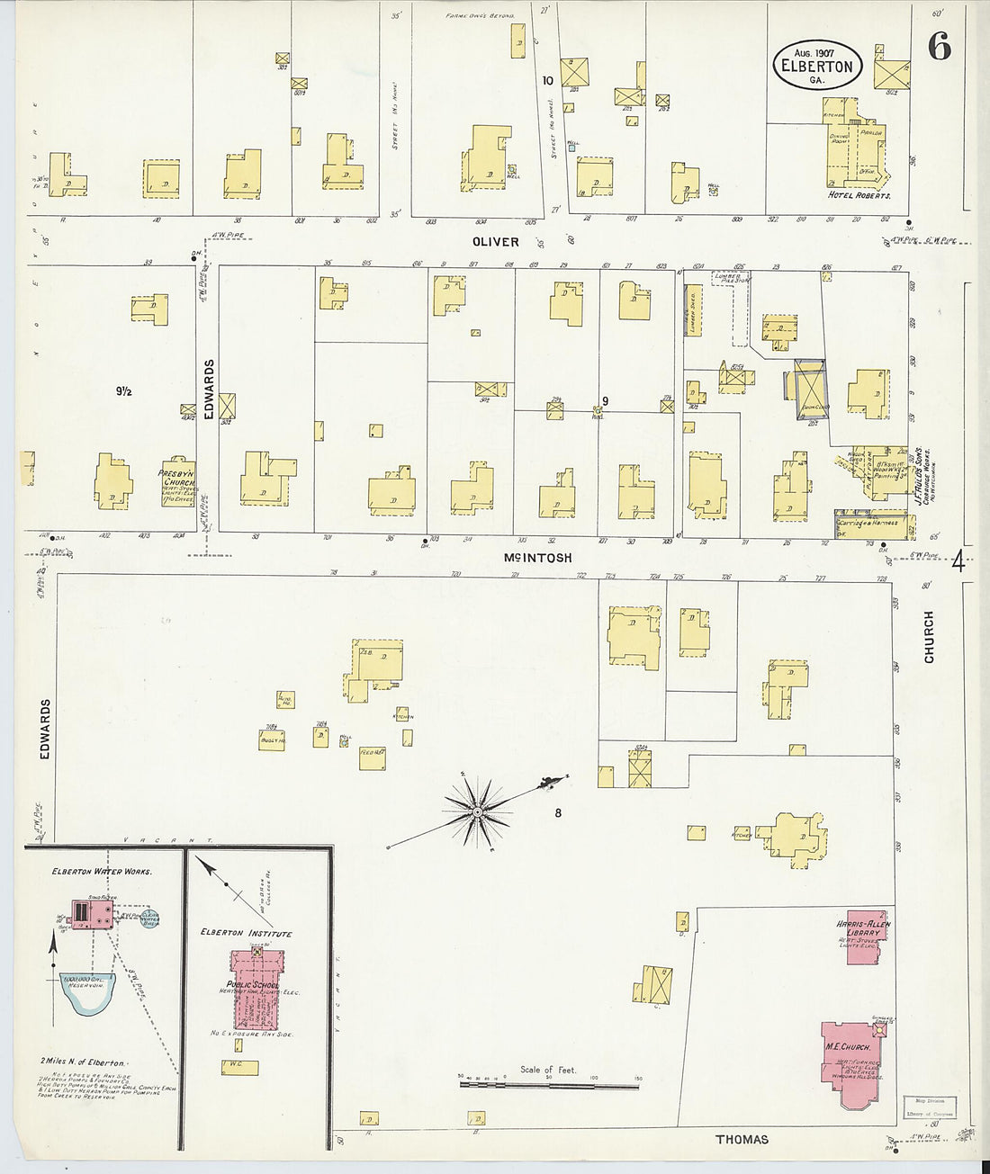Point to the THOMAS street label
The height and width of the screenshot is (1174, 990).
(x=742, y=1139)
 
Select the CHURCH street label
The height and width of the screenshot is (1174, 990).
(x=929, y=637)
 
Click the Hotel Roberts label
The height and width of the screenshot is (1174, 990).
(x=859, y=194)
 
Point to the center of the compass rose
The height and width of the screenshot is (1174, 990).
(x=476, y=813)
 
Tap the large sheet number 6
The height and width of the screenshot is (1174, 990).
(x=938, y=48)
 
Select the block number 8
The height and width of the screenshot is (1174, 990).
(x=558, y=813)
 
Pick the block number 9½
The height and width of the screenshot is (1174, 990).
(x=123, y=391)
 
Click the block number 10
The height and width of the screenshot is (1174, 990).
(x=547, y=80)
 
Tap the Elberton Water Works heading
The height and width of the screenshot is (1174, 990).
(x=102, y=873)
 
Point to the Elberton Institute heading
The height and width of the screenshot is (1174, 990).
(x=247, y=934)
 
